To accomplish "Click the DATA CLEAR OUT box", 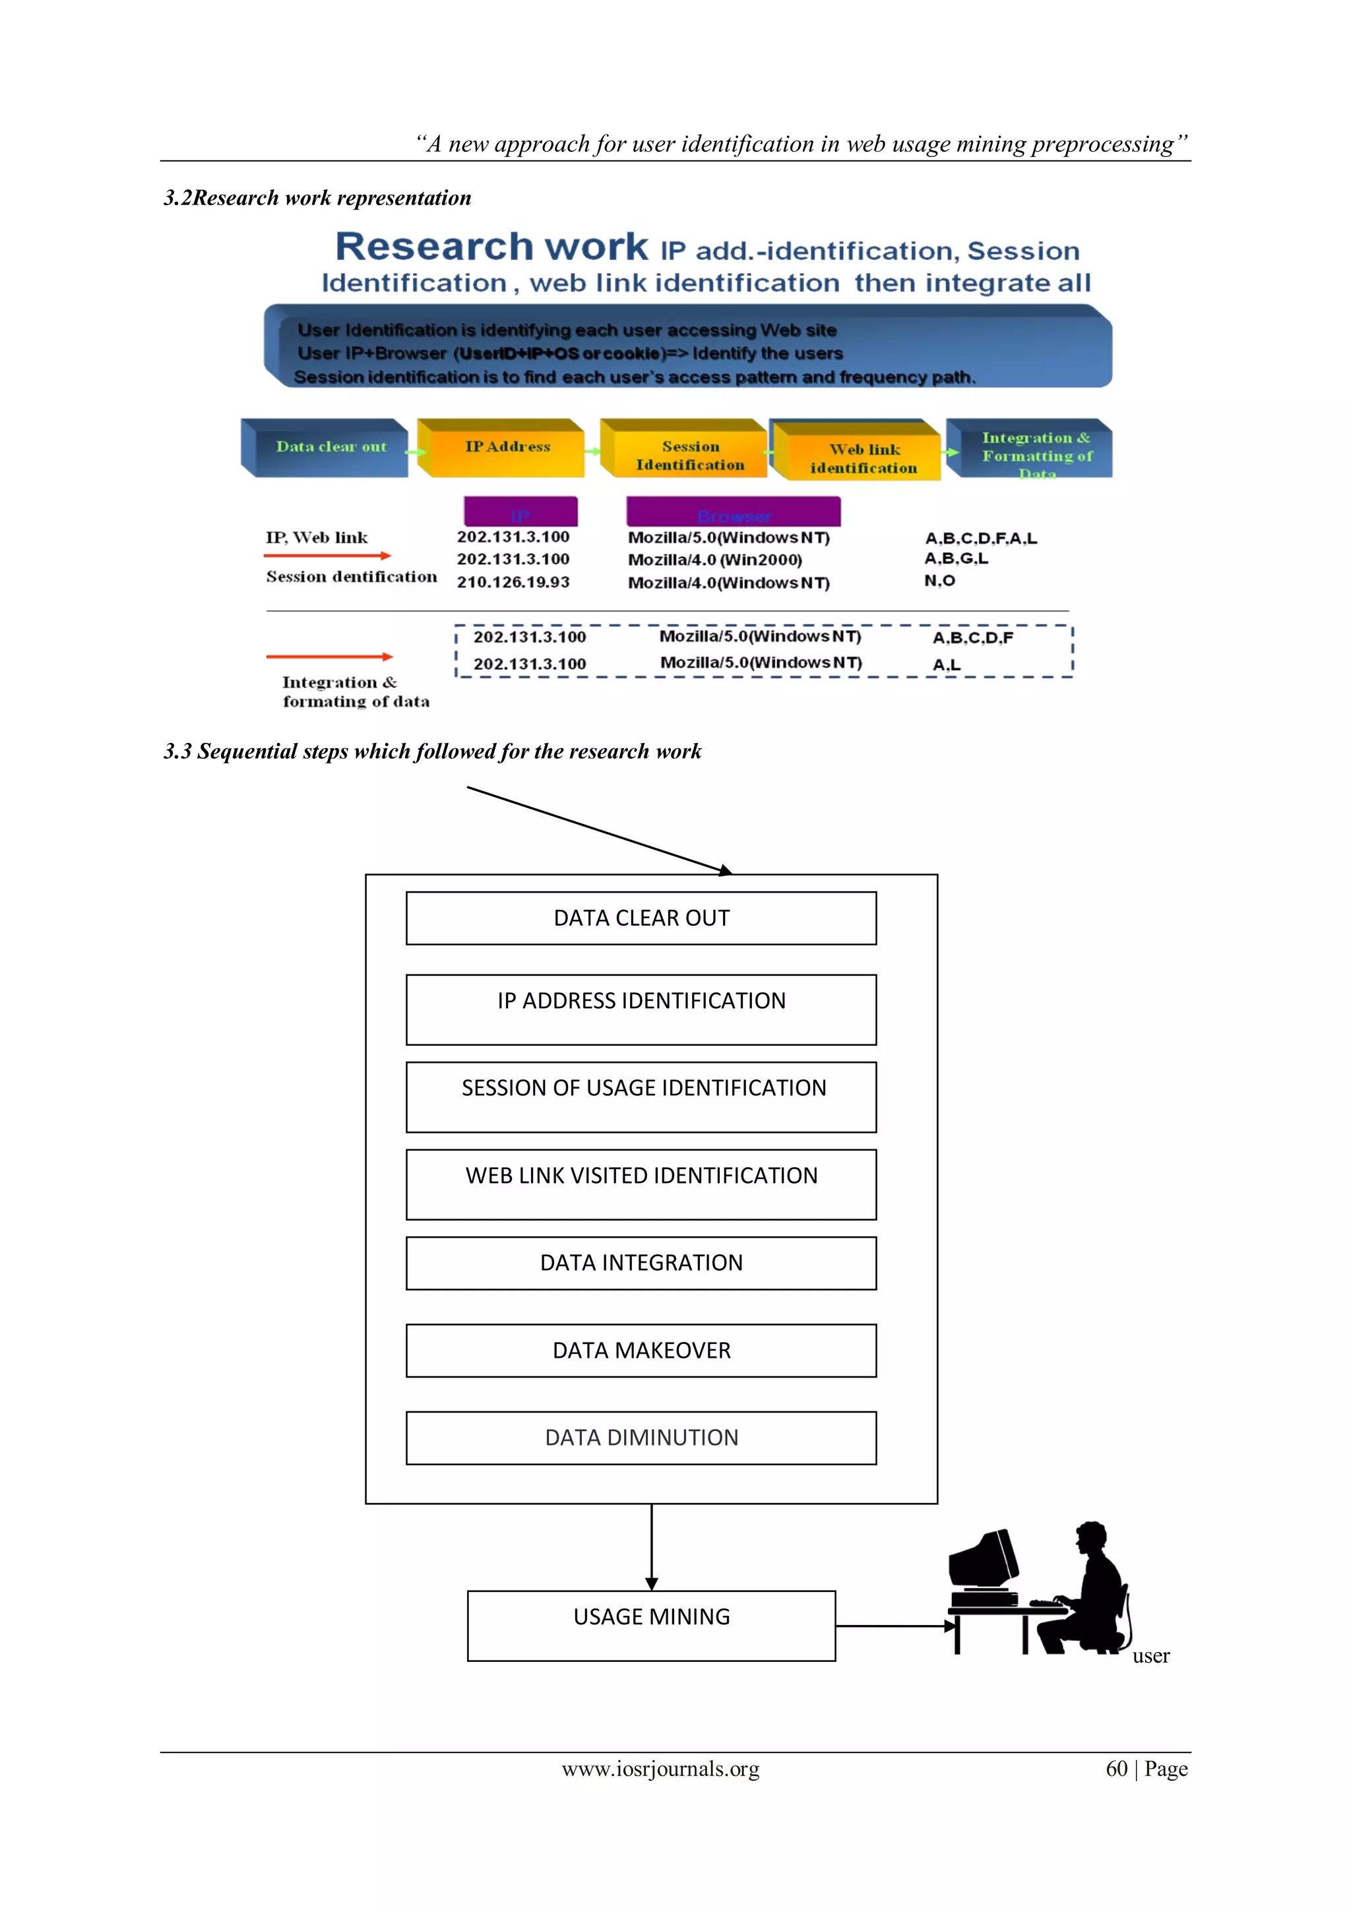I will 641,918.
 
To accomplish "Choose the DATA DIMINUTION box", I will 641,1438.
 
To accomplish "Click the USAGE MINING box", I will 651,1626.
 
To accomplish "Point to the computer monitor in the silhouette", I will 984,1560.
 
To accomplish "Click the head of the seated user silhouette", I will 1090,1537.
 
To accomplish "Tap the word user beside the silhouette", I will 1150,1656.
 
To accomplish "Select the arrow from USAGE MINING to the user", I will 895,1626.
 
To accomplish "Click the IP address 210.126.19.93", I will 513,583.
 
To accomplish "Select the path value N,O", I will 939,581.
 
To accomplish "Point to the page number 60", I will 1116,1769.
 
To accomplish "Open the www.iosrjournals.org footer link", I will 660,1769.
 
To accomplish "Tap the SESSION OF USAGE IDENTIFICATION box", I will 641,1097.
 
